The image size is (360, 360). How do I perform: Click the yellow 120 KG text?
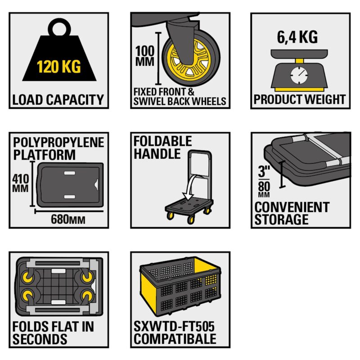click(x=59, y=67)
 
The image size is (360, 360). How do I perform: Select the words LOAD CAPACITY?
click(x=58, y=99)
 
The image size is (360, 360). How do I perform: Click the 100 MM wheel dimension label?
click(x=144, y=56)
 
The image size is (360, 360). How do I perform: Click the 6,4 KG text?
click(x=297, y=37)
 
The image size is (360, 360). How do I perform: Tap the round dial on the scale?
click(x=299, y=75)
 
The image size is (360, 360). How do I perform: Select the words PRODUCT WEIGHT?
click(x=299, y=99)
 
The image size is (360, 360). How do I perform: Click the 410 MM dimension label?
click(x=20, y=183)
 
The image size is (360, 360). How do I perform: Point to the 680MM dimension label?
click(x=68, y=219)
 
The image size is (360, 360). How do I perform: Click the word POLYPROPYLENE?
click(x=58, y=143)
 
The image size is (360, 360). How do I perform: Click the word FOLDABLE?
click(x=162, y=141)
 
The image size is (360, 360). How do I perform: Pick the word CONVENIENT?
click(x=292, y=207)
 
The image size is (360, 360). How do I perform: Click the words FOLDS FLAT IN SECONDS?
click(x=53, y=333)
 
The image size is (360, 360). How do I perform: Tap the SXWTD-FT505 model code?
click(x=174, y=326)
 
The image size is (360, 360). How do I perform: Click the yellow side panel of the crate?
click(x=148, y=293)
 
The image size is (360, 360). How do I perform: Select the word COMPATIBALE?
click(x=175, y=339)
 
